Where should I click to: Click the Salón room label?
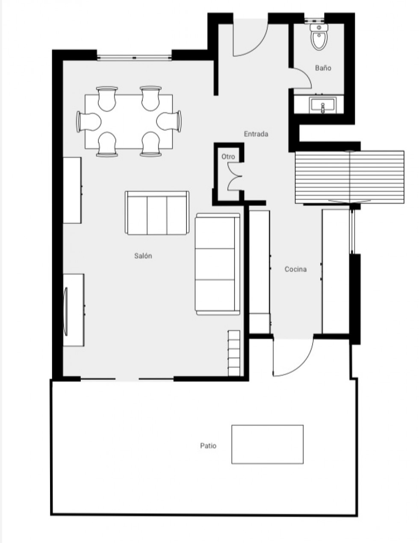pos(143,256)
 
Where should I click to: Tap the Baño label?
pos(323,68)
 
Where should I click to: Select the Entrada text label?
pos(256,134)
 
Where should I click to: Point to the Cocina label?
pos(295,269)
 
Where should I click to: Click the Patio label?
pos(208,446)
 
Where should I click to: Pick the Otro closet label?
pos(228,157)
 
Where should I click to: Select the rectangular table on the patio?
pos(267,444)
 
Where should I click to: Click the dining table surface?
pos(129,122)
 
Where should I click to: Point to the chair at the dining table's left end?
pos(88,122)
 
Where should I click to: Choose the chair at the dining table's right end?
pos(170,121)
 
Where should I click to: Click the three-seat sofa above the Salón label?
pos(157,213)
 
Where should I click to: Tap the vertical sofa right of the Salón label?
pos(217,264)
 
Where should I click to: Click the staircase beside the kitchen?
pos(349,177)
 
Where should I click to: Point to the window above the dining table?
pos(134,57)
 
